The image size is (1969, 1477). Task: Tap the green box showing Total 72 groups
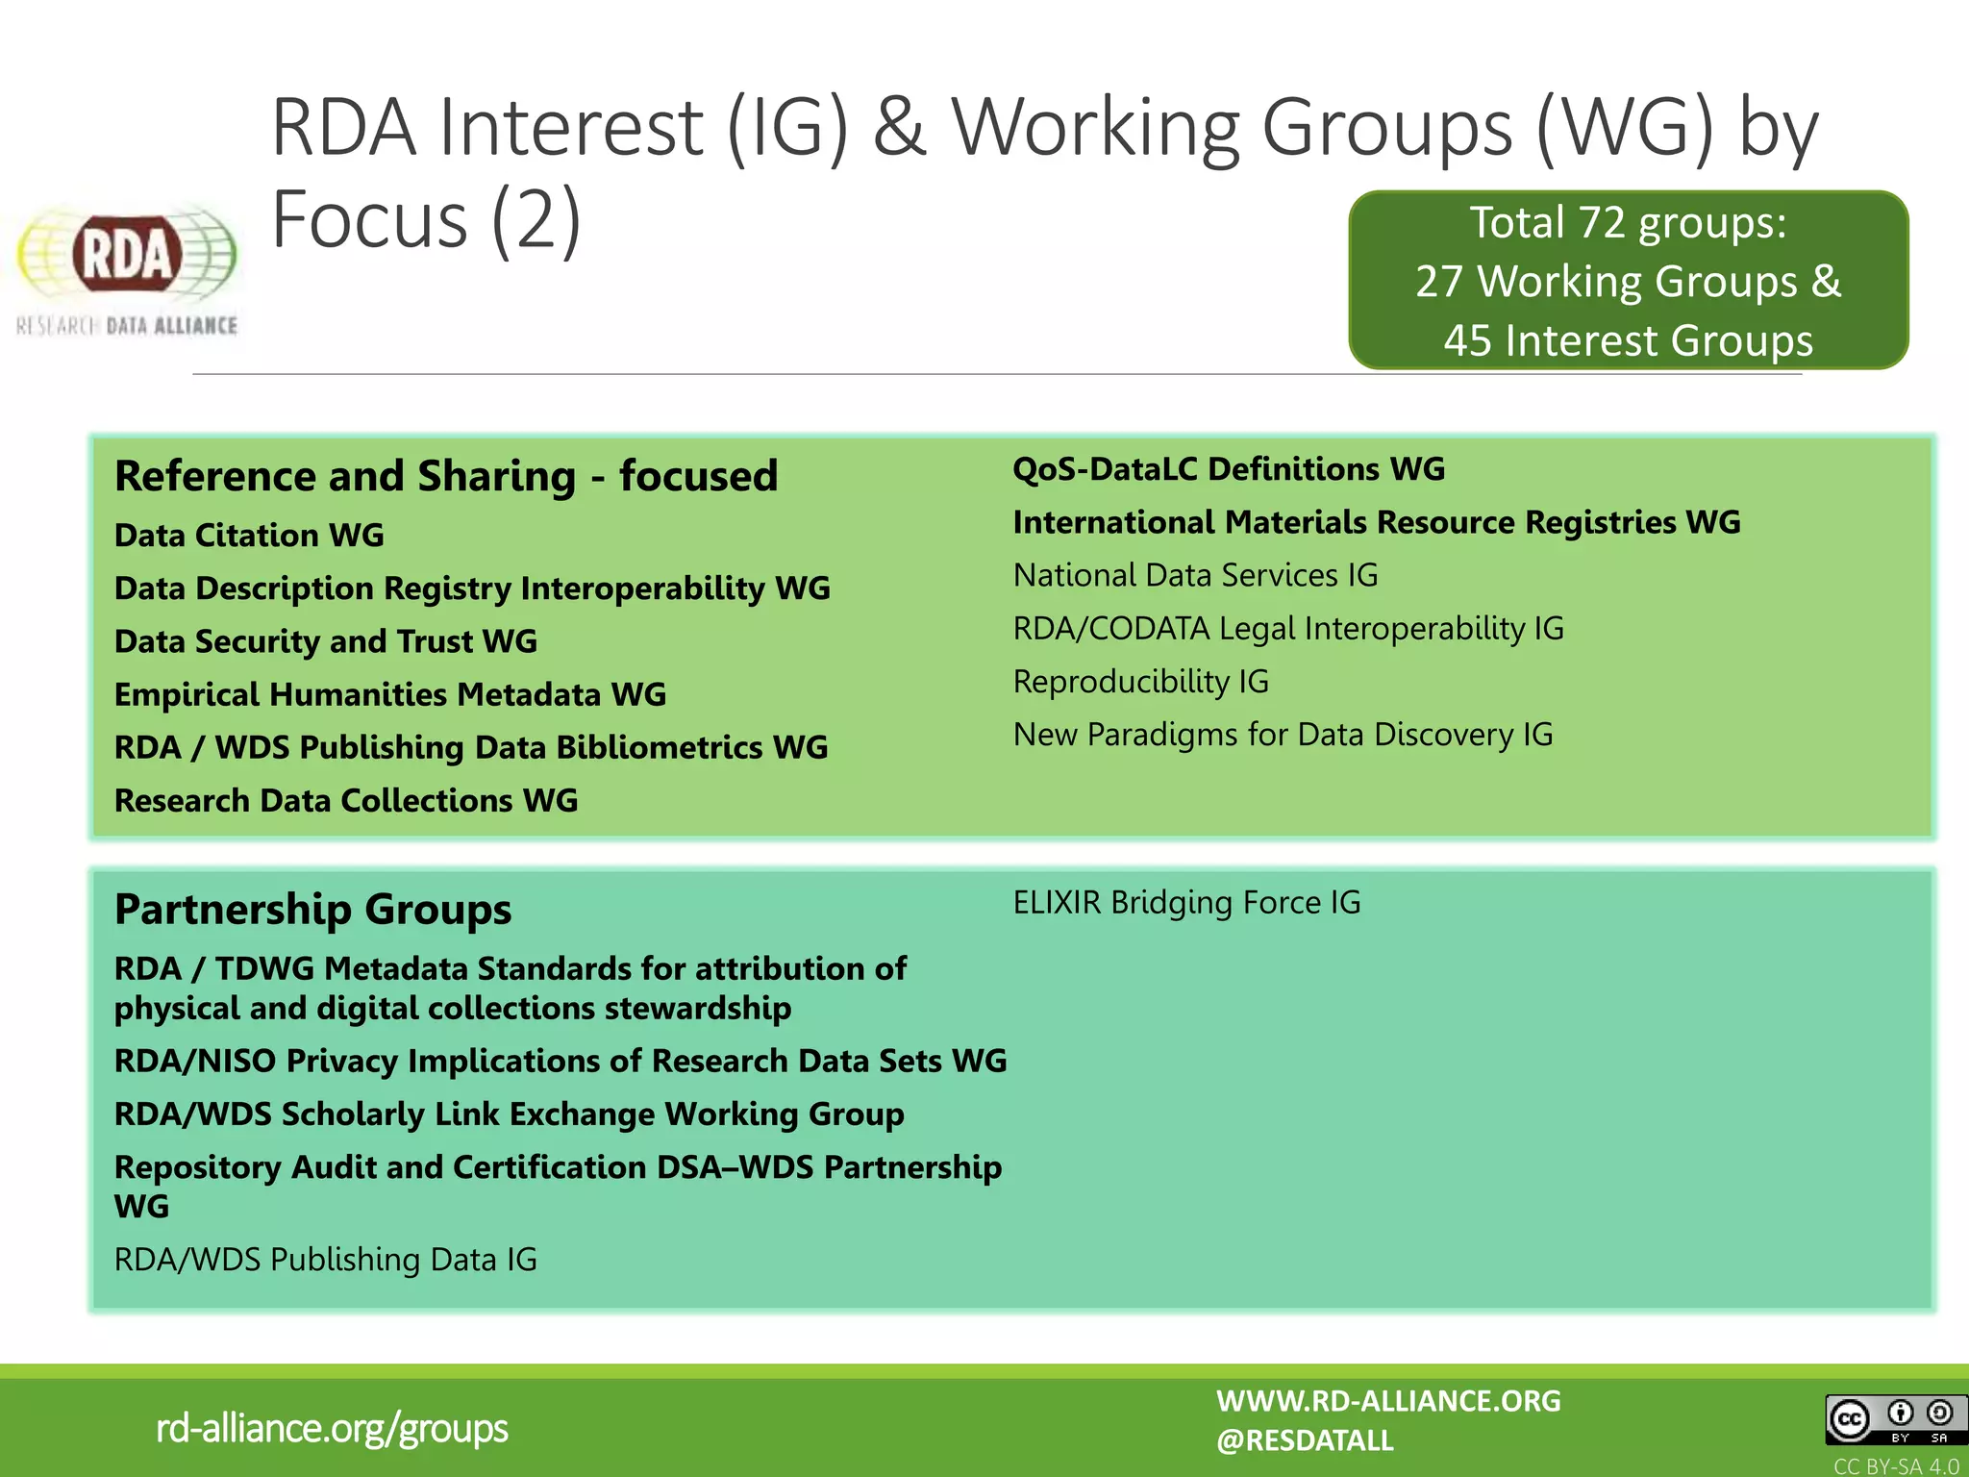click(1628, 281)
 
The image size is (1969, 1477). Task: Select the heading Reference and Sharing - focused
click(446, 476)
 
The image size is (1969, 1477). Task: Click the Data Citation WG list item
click(249, 535)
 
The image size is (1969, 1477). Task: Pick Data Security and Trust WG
click(325, 641)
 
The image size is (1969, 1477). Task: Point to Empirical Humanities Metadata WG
click(389, 694)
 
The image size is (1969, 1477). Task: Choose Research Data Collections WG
click(346, 800)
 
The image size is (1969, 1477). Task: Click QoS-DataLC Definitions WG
click(1229, 469)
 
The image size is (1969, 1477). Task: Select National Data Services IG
click(1195, 575)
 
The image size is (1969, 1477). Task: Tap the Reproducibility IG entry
click(1140, 682)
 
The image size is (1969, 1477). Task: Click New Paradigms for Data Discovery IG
click(1283, 735)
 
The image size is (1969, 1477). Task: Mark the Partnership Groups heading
click(312, 909)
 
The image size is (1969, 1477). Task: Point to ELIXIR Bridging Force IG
click(1186, 903)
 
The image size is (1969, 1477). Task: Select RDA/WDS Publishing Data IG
click(325, 1260)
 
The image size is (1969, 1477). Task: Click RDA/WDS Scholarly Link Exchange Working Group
click(509, 1114)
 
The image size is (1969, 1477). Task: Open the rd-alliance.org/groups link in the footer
click(332, 1428)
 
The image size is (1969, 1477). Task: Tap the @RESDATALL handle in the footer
click(1304, 1440)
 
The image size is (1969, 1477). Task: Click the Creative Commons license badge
click(1891, 1419)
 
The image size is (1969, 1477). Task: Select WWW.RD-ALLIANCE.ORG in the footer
click(1388, 1401)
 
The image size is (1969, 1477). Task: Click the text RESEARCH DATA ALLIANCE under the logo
click(127, 326)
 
